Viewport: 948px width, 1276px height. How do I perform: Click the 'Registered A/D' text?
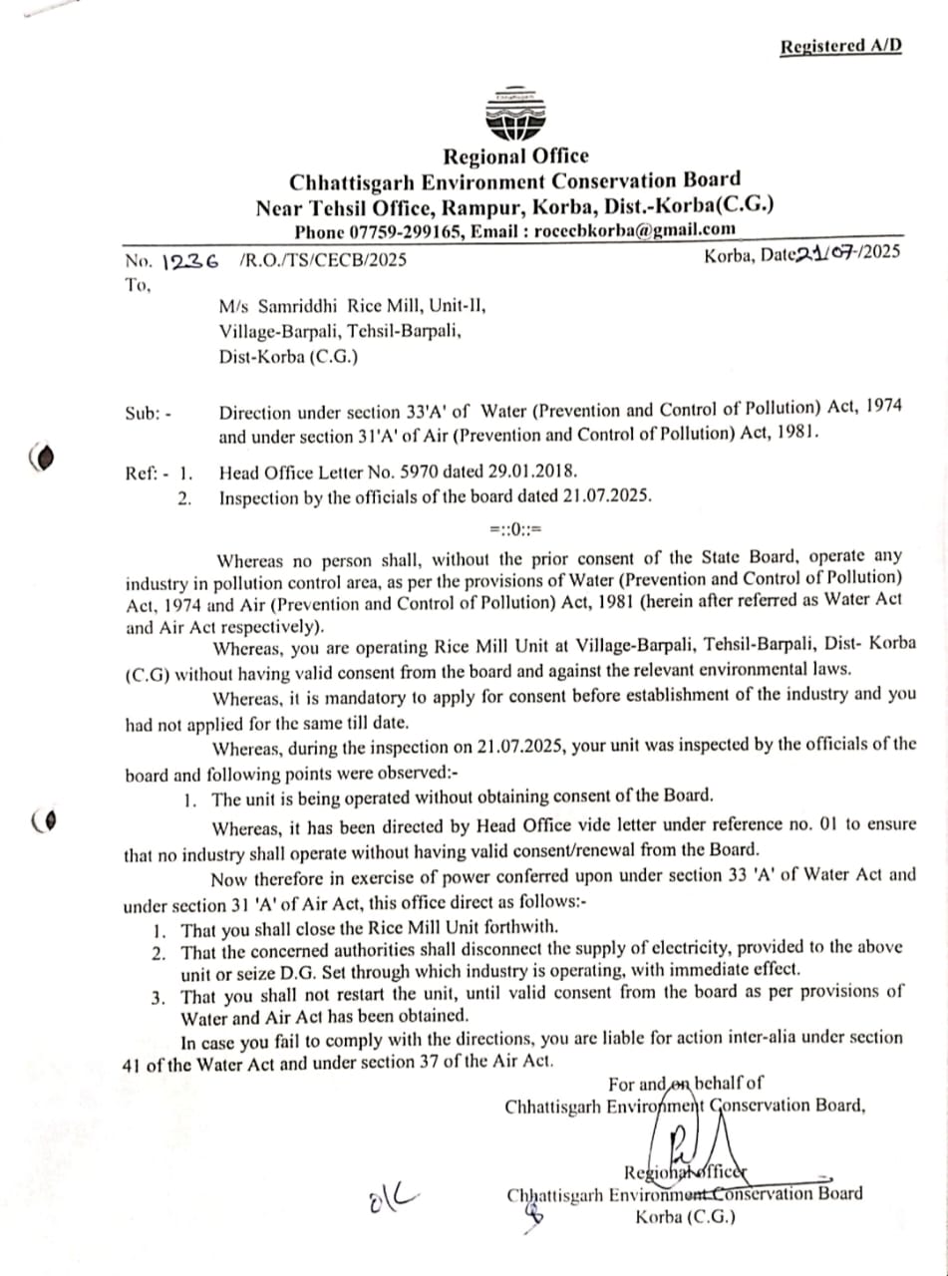840,47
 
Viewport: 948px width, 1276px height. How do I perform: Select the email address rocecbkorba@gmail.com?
635,229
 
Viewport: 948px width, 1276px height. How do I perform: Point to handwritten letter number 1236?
189,260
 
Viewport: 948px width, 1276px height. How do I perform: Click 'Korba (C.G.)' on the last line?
685,1216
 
